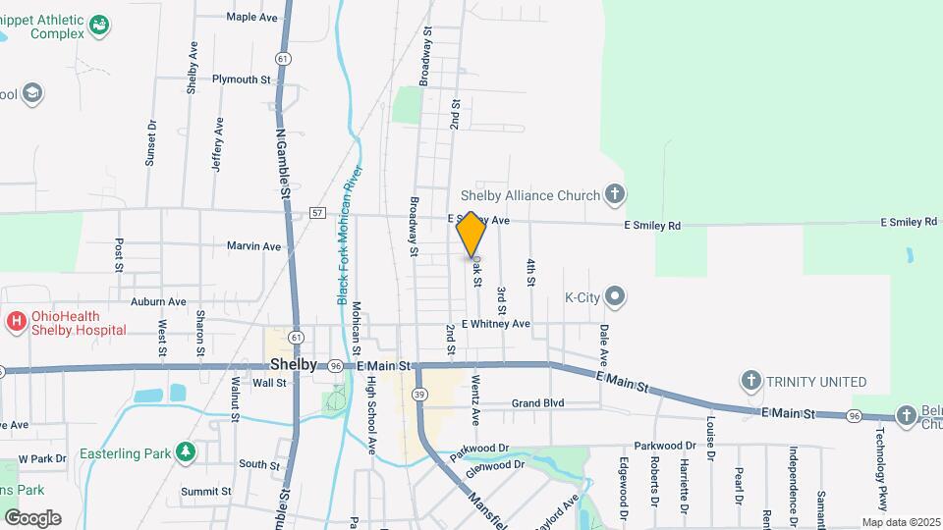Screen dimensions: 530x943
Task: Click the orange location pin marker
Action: (471, 234)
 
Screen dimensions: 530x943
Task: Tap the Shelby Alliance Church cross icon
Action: (615, 193)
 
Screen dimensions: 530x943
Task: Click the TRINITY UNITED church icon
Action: (751, 381)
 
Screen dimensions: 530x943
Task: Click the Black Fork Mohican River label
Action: (350, 235)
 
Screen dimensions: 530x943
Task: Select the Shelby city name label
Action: (293, 364)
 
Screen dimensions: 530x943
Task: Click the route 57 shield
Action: (316, 212)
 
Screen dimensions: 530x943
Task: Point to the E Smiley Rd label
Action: (653, 225)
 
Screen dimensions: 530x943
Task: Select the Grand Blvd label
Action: (538, 403)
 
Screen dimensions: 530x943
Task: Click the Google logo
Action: (32, 517)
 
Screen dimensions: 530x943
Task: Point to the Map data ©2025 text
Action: (900, 522)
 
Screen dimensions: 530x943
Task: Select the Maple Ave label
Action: (253, 17)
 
